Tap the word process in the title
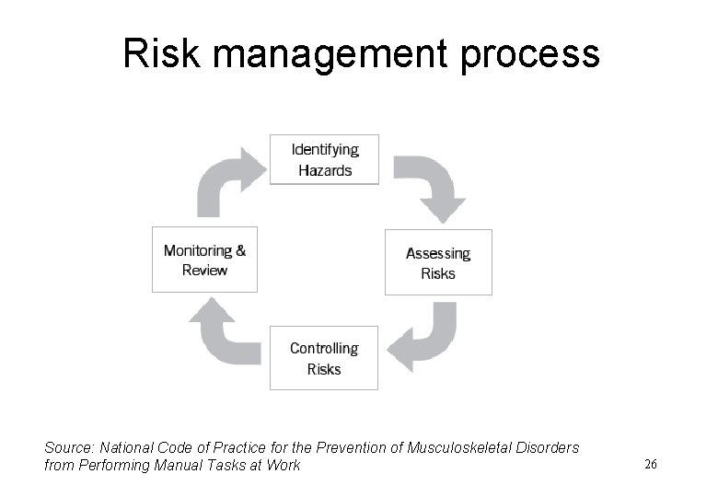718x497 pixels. tap(538, 57)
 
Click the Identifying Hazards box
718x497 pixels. tap(324, 160)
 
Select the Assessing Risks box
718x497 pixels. tap(438, 262)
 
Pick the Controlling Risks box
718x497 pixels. tap(324, 358)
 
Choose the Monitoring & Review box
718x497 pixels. tap(204, 260)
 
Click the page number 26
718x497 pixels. tap(651, 465)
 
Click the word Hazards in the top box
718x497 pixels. tap(324, 170)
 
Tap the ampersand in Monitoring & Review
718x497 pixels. tap(240, 250)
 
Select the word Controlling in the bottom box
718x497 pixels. tap(324, 348)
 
